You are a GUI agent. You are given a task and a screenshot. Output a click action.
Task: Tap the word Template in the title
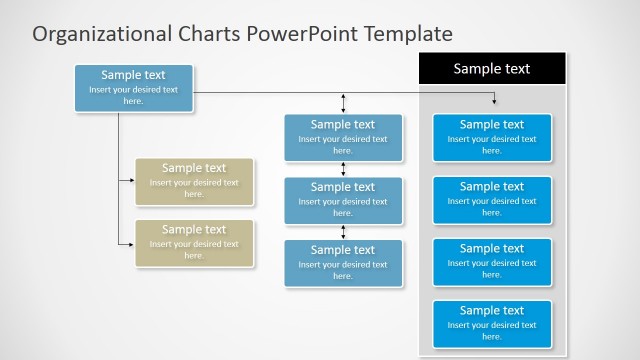407,34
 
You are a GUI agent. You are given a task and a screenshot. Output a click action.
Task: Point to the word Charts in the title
204,34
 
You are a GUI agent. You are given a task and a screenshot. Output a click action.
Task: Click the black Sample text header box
492,69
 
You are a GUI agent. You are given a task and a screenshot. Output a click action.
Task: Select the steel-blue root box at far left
134,88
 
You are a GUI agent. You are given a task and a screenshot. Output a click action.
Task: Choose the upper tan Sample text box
194,181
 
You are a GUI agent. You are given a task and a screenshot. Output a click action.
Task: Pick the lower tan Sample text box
194,243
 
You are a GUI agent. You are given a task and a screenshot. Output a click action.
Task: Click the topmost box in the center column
343,138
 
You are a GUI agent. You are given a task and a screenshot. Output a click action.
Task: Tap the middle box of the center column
343,200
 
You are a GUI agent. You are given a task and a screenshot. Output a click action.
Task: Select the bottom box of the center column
343,263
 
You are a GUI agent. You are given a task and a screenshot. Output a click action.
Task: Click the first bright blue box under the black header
492,138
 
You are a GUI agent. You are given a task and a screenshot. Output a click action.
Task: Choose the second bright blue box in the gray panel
492,200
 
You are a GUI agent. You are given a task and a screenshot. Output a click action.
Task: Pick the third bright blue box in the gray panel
492,262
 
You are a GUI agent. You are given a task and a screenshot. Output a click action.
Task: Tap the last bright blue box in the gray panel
492,324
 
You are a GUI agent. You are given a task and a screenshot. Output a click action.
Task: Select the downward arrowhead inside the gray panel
494,101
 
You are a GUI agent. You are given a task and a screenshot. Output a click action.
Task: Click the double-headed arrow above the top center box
343,103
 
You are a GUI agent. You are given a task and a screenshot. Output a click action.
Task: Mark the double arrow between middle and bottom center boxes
343,232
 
